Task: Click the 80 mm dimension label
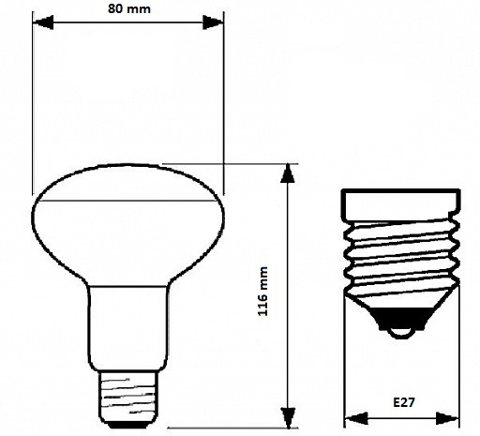[x=129, y=8]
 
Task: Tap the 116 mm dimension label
[x=262, y=292]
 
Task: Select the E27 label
[x=404, y=402]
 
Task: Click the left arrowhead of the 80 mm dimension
[x=43, y=23]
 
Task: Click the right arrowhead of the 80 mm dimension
[x=213, y=23]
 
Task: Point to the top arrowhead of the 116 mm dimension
[x=288, y=173]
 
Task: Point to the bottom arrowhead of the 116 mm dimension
[x=288, y=417]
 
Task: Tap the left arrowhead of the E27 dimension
[x=356, y=418]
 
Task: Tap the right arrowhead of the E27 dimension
[x=447, y=418]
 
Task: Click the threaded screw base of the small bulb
[x=127, y=396]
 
